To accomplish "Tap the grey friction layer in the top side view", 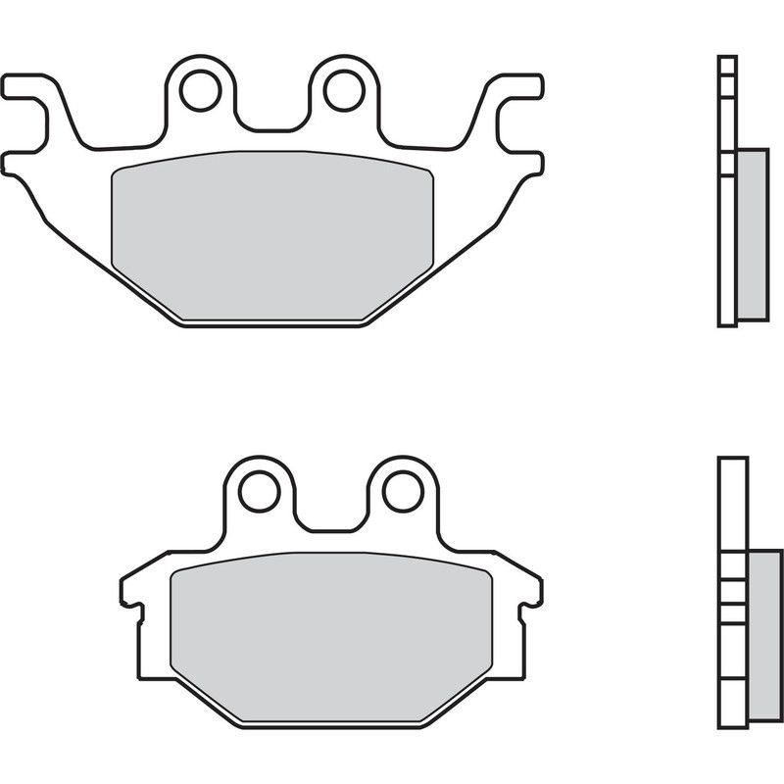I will (x=752, y=235).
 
